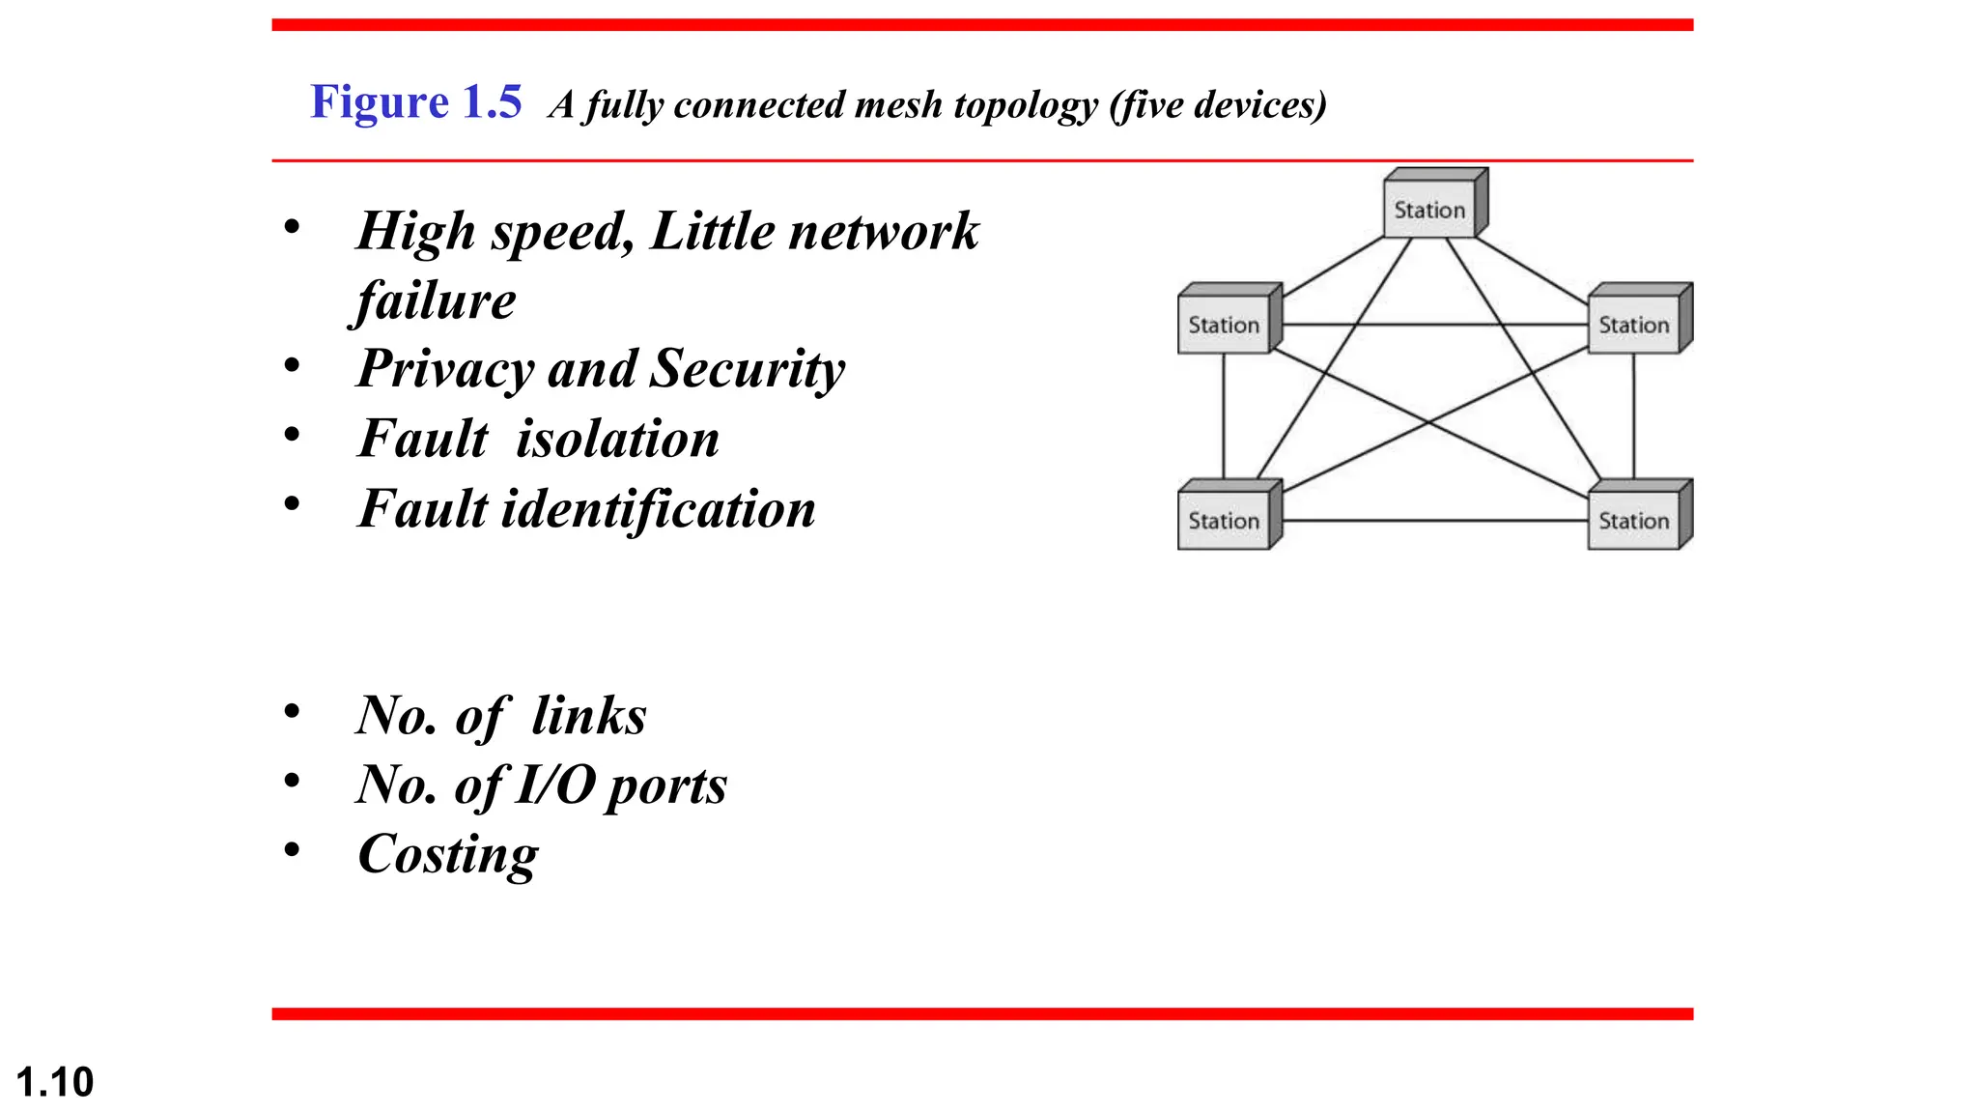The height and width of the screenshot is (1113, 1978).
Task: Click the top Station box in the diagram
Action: pyautogui.click(x=1429, y=210)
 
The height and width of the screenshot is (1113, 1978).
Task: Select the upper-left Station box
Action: pyautogui.click(x=1224, y=325)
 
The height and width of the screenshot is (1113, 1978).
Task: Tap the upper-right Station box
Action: pyautogui.click(x=1634, y=325)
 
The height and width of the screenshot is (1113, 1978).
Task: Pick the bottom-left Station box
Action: pyautogui.click(x=1224, y=521)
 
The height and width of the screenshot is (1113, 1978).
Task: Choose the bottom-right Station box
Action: pyautogui.click(x=1634, y=521)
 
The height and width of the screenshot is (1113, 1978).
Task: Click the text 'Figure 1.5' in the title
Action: pyautogui.click(x=415, y=102)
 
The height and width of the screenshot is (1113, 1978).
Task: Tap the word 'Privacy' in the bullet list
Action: pyautogui.click(x=443, y=370)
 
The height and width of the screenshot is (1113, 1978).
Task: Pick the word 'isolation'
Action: pyautogui.click(x=618, y=440)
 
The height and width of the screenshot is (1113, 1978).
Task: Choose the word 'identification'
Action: pyautogui.click(x=658, y=509)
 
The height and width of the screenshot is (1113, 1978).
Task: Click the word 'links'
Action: pyautogui.click(x=588, y=716)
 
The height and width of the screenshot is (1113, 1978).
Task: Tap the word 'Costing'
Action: pyautogui.click(x=448, y=855)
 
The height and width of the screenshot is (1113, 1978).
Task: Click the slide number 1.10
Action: pyautogui.click(x=55, y=1082)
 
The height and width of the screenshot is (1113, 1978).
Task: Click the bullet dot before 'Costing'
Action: pyautogui.click(x=292, y=850)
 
